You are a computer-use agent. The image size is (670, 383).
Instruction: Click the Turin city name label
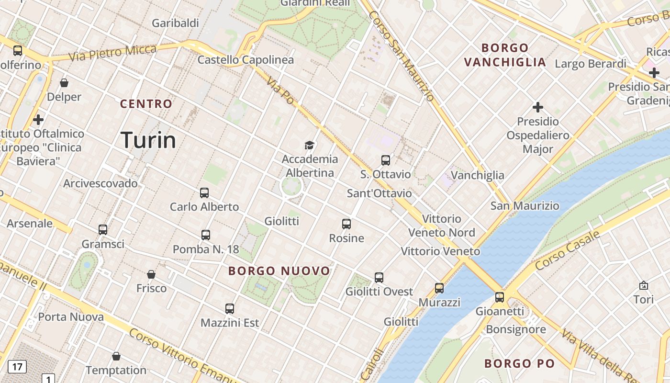(148, 140)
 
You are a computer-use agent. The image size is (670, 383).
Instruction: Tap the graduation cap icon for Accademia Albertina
(310, 145)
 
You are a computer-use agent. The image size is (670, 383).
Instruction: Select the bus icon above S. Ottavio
(386, 160)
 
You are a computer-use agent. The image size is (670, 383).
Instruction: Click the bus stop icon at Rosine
(346, 224)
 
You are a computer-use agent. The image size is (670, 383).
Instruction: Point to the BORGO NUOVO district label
(279, 271)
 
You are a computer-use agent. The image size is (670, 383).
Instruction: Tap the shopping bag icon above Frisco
(151, 274)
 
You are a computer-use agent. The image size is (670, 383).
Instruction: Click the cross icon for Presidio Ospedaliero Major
(538, 107)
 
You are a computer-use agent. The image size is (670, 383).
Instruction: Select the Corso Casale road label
(568, 250)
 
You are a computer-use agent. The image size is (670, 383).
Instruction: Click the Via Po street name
(280, 90)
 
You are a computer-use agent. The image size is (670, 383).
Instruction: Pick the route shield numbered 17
(17, 367)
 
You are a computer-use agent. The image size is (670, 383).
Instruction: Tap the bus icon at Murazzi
(439, 288)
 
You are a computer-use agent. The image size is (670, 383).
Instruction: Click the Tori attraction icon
(644, 285)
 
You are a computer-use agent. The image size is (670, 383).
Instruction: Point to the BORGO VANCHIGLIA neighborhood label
(505, 55)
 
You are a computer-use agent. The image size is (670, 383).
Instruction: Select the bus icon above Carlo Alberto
(204, 193)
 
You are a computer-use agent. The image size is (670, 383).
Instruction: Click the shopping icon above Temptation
(116, 356)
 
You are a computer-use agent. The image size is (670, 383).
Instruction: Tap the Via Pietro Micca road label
(112, 53)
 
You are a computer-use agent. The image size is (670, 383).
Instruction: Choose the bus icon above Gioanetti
(500, 297)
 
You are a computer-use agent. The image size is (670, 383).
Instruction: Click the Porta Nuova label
(71, 317)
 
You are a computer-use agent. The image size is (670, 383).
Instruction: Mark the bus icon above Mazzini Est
(230, 309)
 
